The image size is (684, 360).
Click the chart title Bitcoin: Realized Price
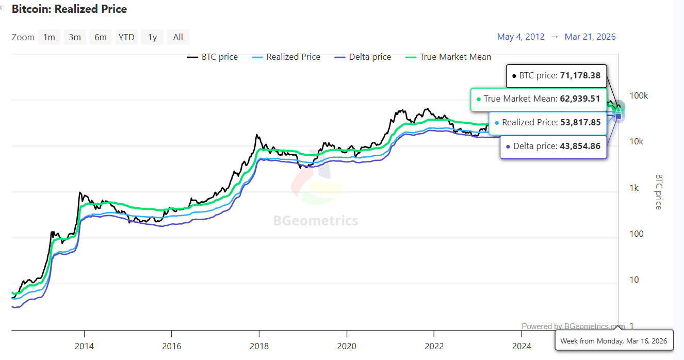69,9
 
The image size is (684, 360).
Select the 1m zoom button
49,37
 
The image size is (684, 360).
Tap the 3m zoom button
75,37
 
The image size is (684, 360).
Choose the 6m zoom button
101,37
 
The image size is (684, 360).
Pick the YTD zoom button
126,37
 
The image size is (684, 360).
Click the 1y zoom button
152,37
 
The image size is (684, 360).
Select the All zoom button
178,37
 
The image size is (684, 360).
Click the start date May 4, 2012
520,37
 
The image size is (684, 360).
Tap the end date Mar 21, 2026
590,37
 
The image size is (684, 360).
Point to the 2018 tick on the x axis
259,346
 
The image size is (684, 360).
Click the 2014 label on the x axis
84,346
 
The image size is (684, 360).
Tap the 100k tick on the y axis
639,96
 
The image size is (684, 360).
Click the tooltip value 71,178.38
580,76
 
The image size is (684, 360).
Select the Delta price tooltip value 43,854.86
580,146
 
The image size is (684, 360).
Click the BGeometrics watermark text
315,221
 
